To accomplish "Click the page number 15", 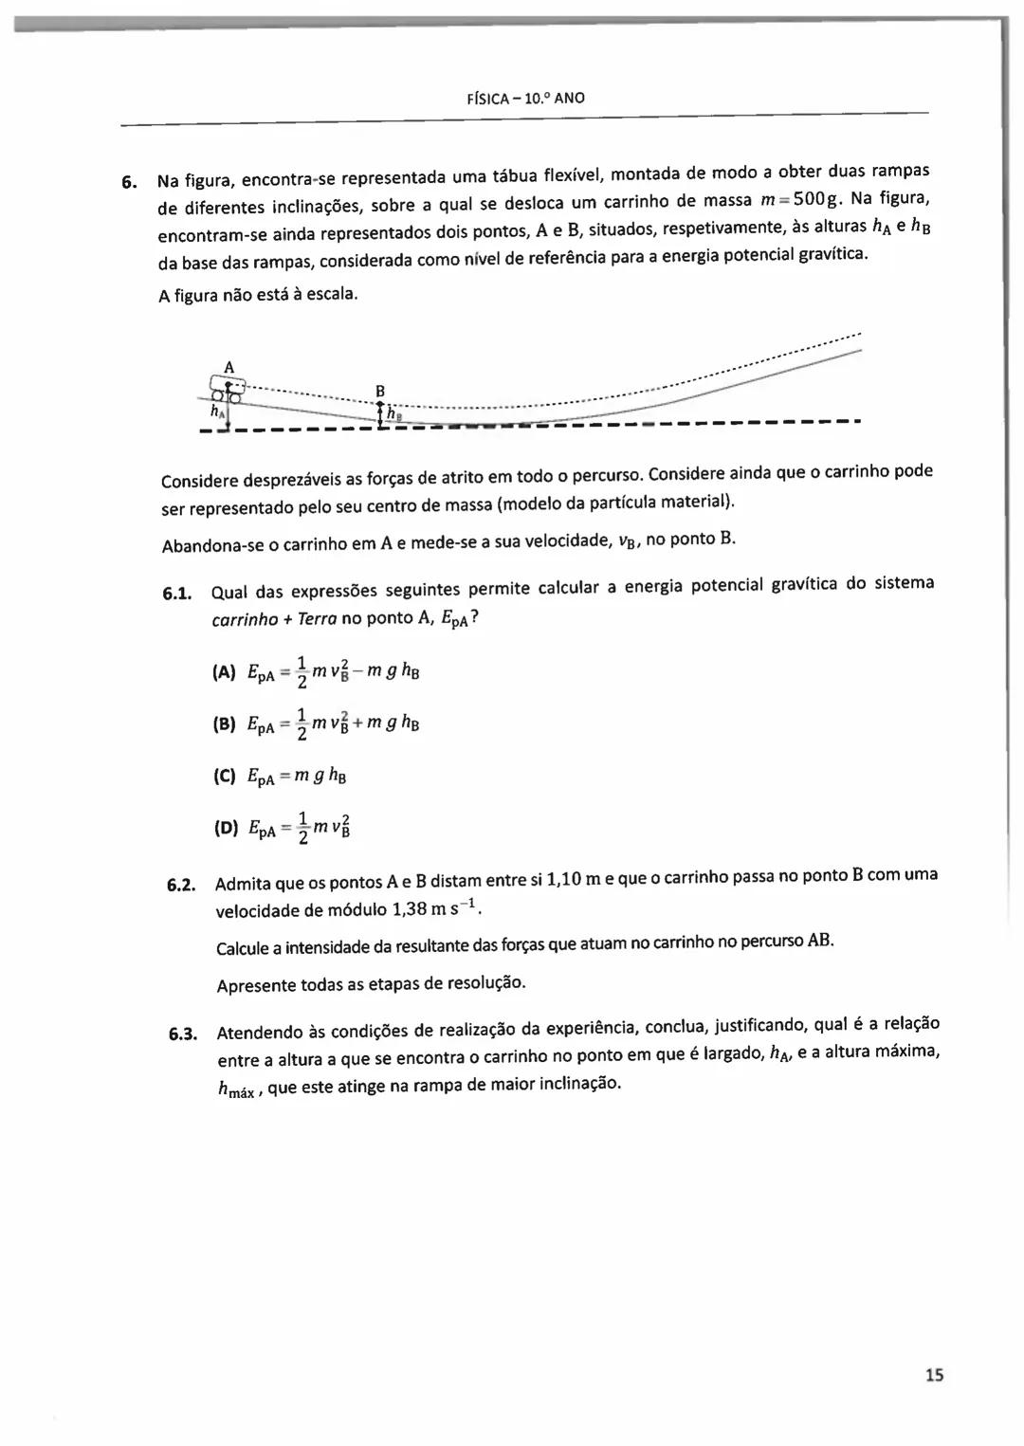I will tap(934, 1374).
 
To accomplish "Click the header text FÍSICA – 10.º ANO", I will tap(526, 98).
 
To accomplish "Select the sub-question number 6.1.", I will tap(177, 595).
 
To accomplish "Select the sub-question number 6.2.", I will tap(181, 886).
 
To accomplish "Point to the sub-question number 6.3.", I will tap(183, 1034).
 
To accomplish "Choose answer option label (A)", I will tap(224, 672).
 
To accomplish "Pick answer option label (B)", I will tap(224, 724).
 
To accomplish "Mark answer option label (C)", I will tap(224, 776).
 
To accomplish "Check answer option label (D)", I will tap(226, 828).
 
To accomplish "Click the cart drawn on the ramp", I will tap(228, 390).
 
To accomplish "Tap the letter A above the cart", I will tap(229, 366).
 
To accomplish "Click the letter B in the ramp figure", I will tap(380, 391).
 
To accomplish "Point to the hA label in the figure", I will tap(217, 412).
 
